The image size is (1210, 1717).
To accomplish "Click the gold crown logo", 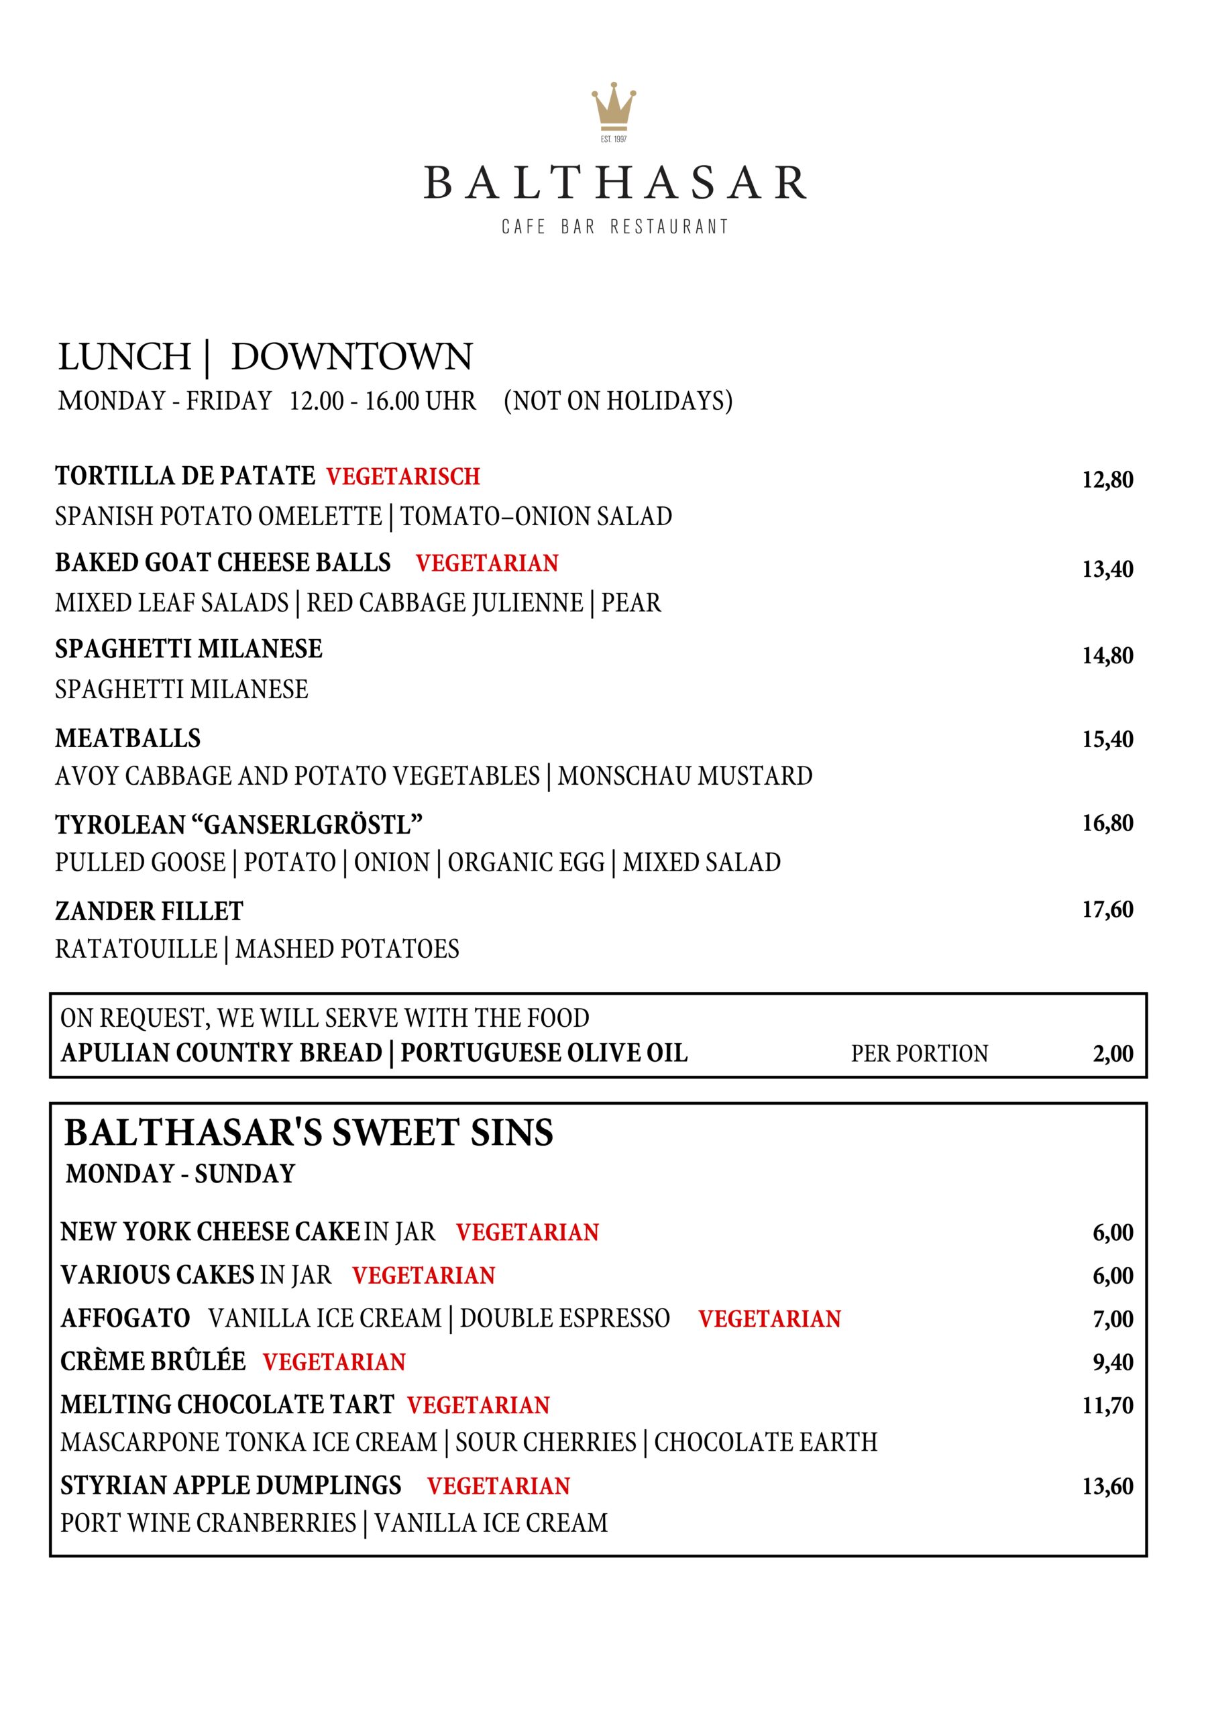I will click(613, 106).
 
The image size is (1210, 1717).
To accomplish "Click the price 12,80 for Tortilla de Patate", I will click(1107, 480).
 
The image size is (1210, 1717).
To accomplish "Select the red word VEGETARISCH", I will click(403, 476).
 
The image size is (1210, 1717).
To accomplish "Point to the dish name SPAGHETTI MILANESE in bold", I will click(188, 649).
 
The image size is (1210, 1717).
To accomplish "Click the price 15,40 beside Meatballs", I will click(1107, 739).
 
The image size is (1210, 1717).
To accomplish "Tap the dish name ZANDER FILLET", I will click(149, 911).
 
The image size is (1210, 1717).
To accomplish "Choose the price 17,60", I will click(1107, 909).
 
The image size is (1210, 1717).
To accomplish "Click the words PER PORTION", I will click(919, 1054).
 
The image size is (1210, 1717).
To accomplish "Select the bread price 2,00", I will click(1113, 1054).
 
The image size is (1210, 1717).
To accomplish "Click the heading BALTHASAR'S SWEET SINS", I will click(309, 1132).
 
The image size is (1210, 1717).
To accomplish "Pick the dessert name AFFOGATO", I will click(125, 1318).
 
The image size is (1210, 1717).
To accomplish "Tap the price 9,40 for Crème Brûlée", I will click(1113, 1362).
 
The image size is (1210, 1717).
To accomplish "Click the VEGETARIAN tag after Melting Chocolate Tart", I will click(479, 1405).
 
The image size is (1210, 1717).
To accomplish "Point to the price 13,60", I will click(1107, 1486).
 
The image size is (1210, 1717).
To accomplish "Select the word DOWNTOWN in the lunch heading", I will click(351, 357).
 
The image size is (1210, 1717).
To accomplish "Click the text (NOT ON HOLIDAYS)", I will click(618, 401).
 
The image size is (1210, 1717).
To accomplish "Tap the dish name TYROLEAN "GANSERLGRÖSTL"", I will click(239, 825).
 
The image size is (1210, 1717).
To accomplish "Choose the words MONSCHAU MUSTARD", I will click(685, 776).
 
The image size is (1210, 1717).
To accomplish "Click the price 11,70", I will click(1107, 1405).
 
